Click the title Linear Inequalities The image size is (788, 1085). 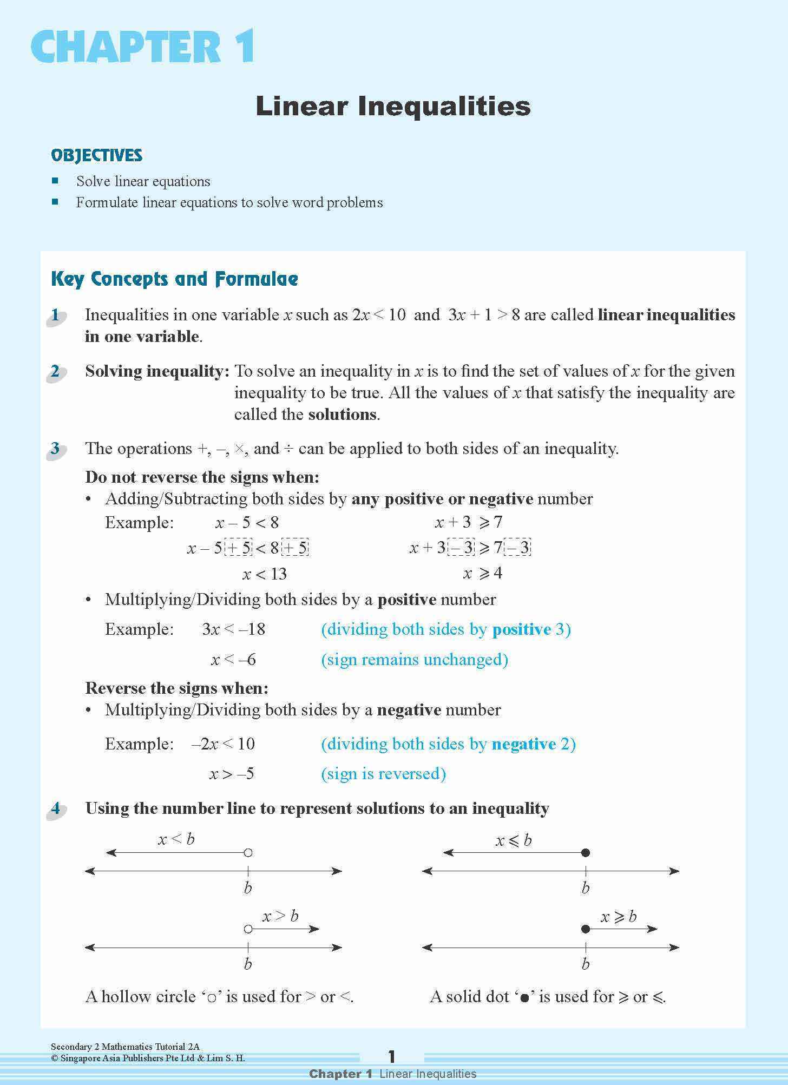tap(393, 106)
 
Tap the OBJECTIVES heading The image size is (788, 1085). tap(96, 155)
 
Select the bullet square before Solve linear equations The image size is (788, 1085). tap(55, 180)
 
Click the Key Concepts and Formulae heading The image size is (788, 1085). tap(174, 279)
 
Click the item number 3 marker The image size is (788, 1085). tap(55, 449)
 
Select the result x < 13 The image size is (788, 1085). tap(264, 574)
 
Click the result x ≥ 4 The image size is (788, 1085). tap(483, 573)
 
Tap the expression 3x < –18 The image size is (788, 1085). tap(233, 629)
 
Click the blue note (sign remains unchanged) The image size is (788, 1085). tap(414, 660)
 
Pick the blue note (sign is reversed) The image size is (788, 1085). tap(383, 774)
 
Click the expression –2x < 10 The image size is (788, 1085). tap(223, 744)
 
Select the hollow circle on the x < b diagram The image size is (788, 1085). tap(248, 853)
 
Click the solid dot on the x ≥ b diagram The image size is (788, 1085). tap(585, 929)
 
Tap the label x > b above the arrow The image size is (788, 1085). tap(280, 916)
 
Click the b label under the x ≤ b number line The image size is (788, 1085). tap(585, 888)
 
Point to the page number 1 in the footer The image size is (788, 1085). tap(392, 1056)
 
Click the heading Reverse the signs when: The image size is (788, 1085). tap(177, 688)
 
